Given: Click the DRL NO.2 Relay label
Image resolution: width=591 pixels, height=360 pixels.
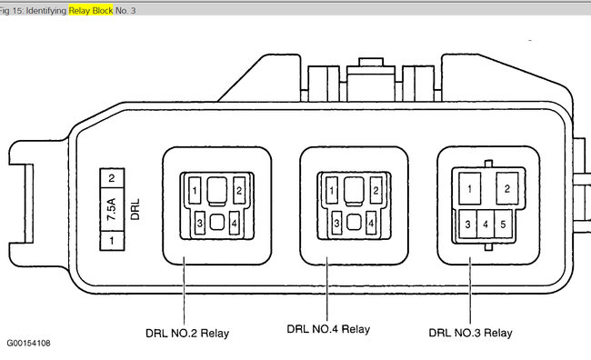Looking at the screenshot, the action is click(187, 334).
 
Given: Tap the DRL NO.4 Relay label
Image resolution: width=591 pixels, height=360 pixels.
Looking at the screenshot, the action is click(328, 329).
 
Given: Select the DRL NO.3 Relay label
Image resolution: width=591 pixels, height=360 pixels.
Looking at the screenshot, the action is click(470, 333).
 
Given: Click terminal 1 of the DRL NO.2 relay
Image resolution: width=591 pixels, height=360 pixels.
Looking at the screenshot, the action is click(195, 190).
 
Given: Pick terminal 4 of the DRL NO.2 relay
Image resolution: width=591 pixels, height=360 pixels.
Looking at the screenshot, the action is click(234, 223).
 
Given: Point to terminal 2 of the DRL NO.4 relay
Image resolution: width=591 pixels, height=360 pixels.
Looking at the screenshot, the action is click(376, 190).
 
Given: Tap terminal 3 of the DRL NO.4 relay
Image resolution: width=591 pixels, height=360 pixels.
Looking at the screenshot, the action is click(336, 223).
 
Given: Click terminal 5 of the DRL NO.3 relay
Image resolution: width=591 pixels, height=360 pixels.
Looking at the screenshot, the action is click(503, 225).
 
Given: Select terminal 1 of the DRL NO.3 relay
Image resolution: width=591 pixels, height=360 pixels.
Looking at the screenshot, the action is click(470, 188).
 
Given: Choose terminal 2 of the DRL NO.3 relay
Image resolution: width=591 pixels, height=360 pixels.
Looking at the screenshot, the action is click(507, 188).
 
